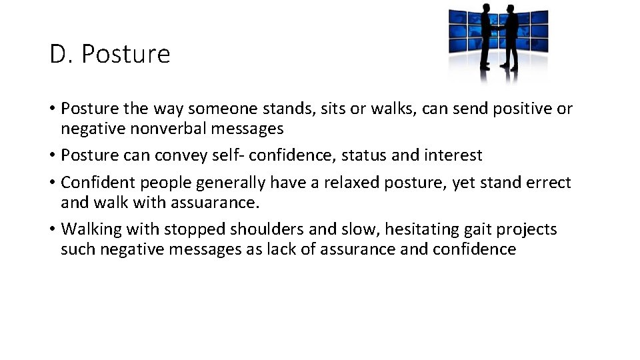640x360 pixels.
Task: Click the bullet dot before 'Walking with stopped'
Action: pyautogui.click(x=52, y=230)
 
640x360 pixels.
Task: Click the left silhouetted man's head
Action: pyautogui.click(x=485, y=11)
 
